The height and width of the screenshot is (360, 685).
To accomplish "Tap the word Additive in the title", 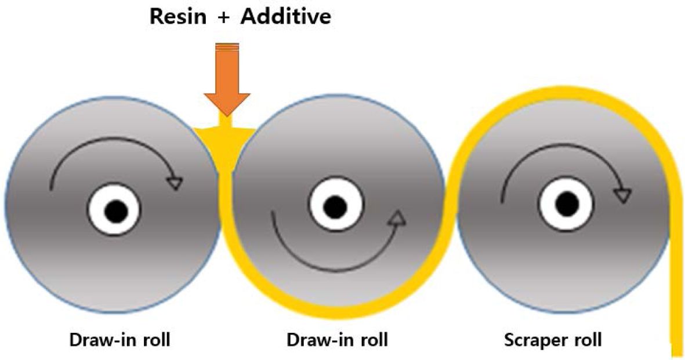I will [286, 16].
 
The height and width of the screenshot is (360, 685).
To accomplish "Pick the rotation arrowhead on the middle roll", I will [397, 220].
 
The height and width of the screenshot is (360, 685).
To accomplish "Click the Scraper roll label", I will [552, 340].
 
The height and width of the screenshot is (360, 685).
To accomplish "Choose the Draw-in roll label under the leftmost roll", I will [120, 340].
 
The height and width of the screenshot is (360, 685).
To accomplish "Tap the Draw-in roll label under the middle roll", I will [337, 340].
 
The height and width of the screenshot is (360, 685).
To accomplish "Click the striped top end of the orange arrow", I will [227, 48].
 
